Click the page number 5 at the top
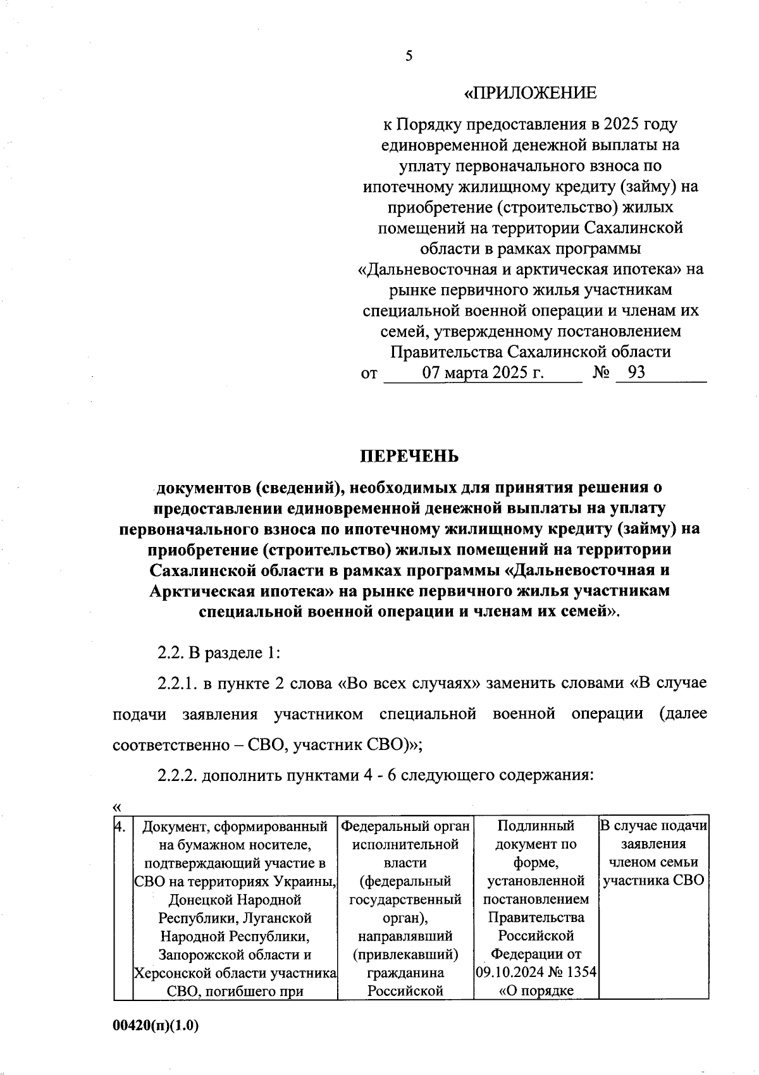(408, 56)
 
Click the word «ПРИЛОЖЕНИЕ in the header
(530, 94)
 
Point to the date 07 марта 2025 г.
(483, 372)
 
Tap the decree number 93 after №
(636, 372)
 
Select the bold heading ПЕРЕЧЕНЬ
(409, 457)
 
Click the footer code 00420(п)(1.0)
(156, 1026)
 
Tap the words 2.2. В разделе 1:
(218, 653)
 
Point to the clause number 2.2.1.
(178, 684)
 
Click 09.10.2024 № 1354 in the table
(536, 972)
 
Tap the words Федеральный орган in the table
(405, 826)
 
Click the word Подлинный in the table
(536, 826)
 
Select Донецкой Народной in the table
(235, 899)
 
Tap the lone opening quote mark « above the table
(116, 807)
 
